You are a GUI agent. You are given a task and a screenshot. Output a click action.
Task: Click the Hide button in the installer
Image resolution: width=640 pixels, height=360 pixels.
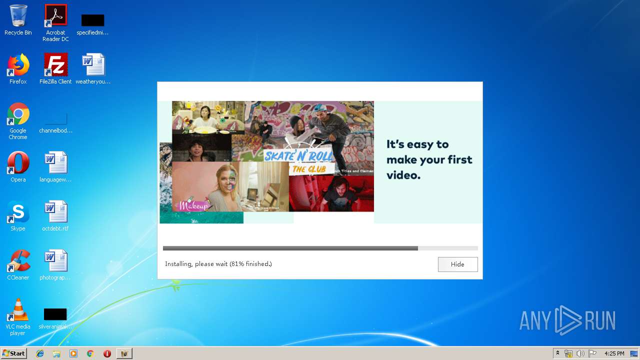pyautogui.click(x=457, y=264)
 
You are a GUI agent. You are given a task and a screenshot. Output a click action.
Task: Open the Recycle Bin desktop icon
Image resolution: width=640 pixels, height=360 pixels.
pyautogui.click(x=18, y=17)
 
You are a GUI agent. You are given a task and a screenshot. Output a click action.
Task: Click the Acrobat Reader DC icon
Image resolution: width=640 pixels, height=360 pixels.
pyautogui.click(x=55, y=17)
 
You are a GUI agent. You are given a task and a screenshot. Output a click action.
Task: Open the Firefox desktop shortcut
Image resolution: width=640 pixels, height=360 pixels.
pyautogui.click(x=18, y=65)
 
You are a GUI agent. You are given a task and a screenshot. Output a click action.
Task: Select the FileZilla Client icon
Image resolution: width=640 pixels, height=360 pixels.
pyautogui.click(x=55, y=65)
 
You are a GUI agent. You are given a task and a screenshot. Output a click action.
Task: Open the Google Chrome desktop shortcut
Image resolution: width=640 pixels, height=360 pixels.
pyautogui.click(x=18, y=115)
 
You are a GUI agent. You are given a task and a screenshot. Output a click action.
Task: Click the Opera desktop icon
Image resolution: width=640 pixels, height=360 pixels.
pyautogui.click(x=18, y=163)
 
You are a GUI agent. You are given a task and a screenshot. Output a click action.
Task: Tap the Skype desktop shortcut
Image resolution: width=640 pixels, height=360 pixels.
pyautogui.click(x=18, y=212)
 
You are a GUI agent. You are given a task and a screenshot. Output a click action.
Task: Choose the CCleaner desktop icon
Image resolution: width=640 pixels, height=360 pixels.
pyautogui.click(x=18, y=261)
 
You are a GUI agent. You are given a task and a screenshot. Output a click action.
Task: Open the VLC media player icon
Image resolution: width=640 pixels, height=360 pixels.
pyautogui.click(x=18, y=310)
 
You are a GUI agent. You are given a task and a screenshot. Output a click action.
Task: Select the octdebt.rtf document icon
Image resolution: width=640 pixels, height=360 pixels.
pyautogui.click(x=55, y=212)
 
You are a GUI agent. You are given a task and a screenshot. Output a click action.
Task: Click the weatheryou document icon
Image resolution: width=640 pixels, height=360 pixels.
pyautogui.click(x=93, y=65)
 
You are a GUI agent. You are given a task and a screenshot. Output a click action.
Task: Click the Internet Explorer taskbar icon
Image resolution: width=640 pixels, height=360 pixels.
pyautogui.click(x=40, y=353)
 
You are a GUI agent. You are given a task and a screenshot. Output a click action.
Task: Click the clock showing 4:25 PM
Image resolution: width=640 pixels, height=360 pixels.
pyautogui.click(x=614, y=353)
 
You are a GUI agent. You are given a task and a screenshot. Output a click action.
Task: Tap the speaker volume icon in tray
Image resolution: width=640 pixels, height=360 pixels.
pyautogui.click(x=580, y=353)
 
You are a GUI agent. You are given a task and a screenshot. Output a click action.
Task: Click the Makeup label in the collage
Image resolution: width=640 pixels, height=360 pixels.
pyautogui.click(x=193, y=205)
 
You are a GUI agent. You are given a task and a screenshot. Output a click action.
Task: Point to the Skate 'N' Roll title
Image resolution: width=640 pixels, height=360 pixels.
pyautogui.click(x=298, y=155)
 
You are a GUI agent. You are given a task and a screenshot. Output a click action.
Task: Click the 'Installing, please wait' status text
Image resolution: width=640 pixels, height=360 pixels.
pyautogui.click(x=218, y=264)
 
